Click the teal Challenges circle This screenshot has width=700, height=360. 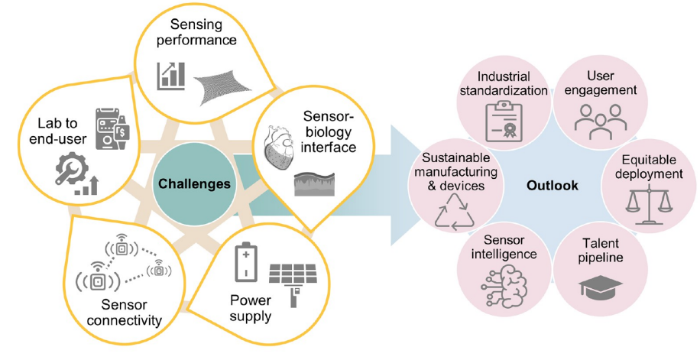click(x=194, y=183)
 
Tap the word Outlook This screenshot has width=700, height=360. click(x=553, y=186)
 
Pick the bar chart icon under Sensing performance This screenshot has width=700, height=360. click(x=170, y=76)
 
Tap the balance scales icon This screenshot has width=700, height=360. click(x=648, y=205)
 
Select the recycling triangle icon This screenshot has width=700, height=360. click(x=455, y=212)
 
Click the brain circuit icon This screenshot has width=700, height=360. click(x=505, y=287)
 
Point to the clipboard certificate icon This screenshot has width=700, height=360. click(x=504, y=122)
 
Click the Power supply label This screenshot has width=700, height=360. click(x=251, y=308)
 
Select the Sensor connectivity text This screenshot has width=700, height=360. click(x=124, y=313)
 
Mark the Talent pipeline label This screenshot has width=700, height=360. click(x=601, y=251)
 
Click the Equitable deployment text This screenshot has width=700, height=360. click(x=649, y=167)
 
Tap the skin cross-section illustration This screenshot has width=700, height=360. click(x=314, y=184)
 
